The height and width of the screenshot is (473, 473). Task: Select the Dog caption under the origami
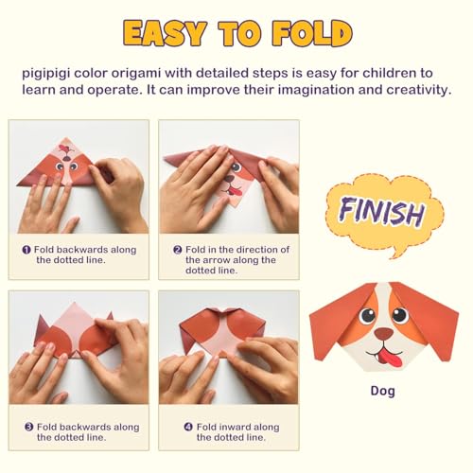point(382,391)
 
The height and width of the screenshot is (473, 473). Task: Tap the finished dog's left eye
point(367,315)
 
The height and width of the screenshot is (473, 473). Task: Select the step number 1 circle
point(26,250)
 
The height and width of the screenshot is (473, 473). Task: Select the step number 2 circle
point(177,250)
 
